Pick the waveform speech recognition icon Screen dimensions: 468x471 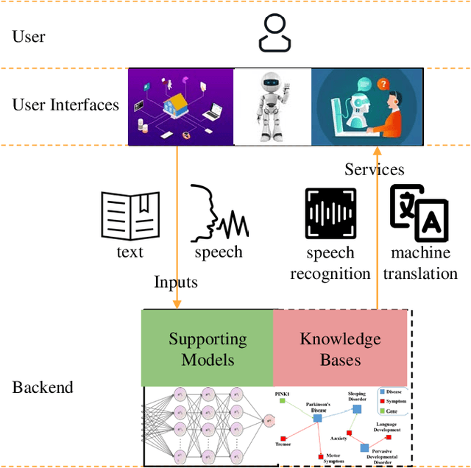330,214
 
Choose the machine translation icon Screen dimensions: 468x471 419,213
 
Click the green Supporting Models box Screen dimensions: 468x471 208,348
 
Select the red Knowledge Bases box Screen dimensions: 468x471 340,348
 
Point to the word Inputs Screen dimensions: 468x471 176,282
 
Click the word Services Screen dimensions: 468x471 374,169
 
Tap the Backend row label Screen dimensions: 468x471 43,387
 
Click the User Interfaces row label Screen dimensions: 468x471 65,104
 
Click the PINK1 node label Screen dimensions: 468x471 283,395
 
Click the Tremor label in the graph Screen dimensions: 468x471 283,444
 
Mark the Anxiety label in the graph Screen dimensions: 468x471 338,439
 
